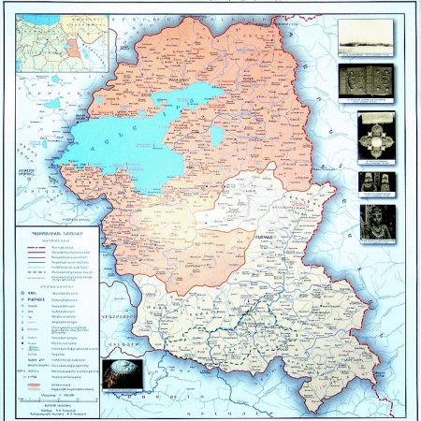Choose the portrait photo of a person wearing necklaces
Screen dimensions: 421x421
tap(376, 222)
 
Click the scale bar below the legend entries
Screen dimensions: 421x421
tap(65, 398)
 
